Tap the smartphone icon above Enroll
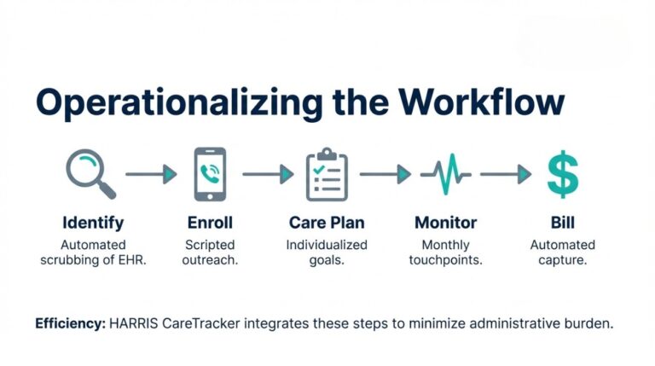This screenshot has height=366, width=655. click(210, 174)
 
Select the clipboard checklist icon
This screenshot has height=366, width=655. click(327, 174)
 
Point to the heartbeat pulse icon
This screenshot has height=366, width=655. click(444, 174)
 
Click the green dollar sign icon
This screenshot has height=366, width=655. click(562, 173)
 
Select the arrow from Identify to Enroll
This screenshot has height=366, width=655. click(151, 175)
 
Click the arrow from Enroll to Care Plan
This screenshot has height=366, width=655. click(268, 175)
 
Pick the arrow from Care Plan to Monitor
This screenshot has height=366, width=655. click(385, 175)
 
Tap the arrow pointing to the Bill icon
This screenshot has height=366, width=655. click(506, 175)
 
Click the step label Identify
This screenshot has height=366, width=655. click(93, 223)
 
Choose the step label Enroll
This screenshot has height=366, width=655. click(210, 223)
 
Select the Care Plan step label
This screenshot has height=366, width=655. click(327, 223)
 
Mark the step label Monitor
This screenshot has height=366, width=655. click(444, 223)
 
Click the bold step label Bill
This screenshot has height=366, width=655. click(562, 223)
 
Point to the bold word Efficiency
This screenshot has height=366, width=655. click(71, 324)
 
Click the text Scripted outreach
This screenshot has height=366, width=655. click(210, 253)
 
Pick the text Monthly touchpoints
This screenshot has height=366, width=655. click(444, 253)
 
